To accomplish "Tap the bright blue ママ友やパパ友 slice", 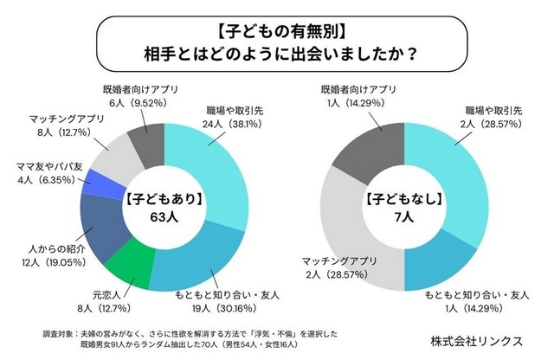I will click(x=93, y=184).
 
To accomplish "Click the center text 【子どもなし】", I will click(x=396, y=198).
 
